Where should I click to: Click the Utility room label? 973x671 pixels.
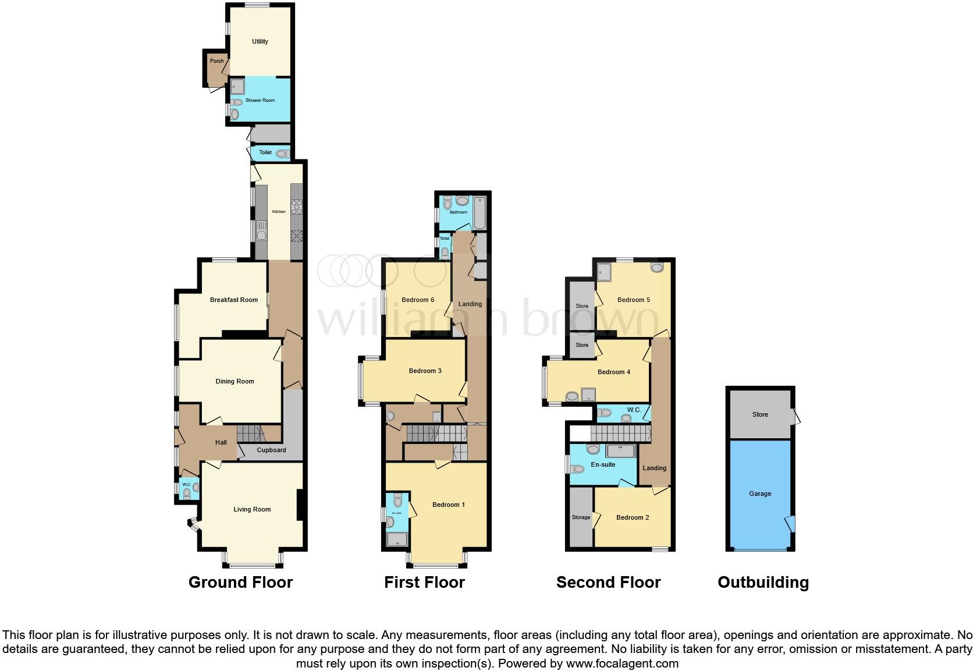click(260, 41)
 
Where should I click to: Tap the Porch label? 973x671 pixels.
click(216, 61)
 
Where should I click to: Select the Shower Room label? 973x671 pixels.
click(260, 100)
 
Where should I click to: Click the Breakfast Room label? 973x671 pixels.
click(233, 300)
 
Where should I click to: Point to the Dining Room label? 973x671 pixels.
click(235, 381)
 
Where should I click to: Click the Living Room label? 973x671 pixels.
click(252, 509)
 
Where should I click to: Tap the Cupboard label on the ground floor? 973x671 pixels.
click(271, 450)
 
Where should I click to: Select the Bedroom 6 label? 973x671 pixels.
click(418, 300)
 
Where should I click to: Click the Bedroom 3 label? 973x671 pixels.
click(425, 371)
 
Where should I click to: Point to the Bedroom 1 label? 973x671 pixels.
click(448, 505)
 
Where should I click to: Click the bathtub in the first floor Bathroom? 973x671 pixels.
click(480, 213)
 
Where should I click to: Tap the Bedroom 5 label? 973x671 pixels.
click(634, 300)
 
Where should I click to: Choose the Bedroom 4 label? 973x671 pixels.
click(614, 372)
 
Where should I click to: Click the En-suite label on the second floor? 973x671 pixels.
click(603, 464)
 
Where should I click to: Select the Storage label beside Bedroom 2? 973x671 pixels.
click(581, 517)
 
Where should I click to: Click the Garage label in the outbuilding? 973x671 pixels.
click(760, 494)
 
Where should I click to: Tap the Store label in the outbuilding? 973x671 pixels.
click(760, 414)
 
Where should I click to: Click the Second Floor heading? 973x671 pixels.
click(608, 583)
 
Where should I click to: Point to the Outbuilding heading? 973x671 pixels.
click(763, 583)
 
